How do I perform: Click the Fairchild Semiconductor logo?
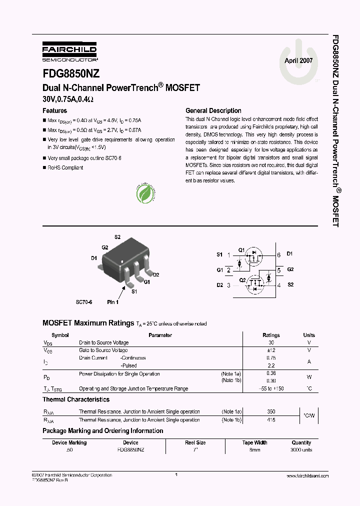tap(69, 52)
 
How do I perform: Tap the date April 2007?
tap(298, 60)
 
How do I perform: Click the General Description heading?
tap(213, 110)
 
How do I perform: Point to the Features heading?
tap(55, 110)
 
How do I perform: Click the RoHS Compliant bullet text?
tap(65, 168)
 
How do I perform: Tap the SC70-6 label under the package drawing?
tap(84, 302)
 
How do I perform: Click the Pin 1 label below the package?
tap(113, 302)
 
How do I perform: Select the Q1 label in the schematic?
tap(241, 250)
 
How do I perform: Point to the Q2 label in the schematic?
tap(242, 280)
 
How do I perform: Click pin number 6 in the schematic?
tap(278, 254)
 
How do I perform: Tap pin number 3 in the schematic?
tap(229, 285)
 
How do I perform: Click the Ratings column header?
tap(271, 335)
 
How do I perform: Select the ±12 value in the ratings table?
tap(271, 350)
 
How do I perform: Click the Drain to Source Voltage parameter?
tap(104, 342)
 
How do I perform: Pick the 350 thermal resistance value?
tap(271, 411)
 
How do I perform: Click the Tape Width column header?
tap(254, 442)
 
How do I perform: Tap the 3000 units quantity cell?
tap(301, 450)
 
